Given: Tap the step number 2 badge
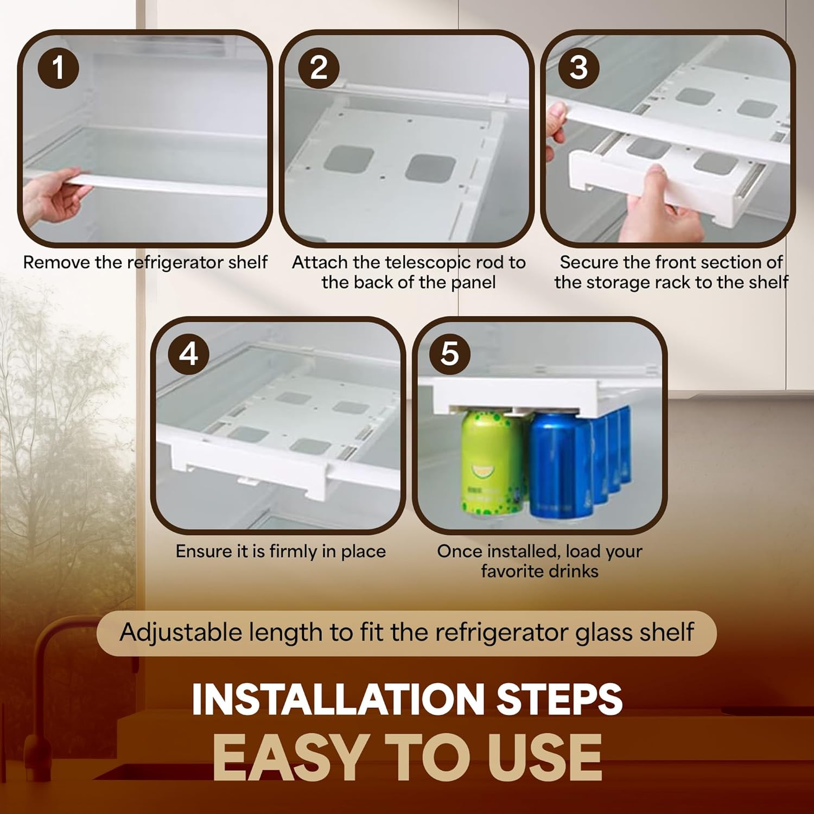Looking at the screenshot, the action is coord(319,68).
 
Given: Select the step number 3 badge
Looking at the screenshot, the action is coord(579,68).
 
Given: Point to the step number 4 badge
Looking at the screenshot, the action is coord(188,354).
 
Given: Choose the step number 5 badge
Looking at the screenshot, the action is coord(450,354).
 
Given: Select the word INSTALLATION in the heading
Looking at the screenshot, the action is coord(338,699).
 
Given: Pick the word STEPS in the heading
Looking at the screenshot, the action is coord(560,699).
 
